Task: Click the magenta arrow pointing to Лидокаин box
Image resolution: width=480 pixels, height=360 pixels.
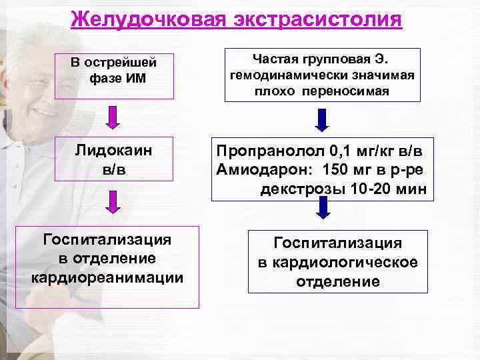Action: point(114,117)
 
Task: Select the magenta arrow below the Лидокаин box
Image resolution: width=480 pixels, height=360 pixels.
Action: point(114,202)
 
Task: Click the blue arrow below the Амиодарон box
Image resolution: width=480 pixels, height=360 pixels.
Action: point(323,209)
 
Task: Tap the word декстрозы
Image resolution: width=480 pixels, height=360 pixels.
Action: point(301,189)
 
